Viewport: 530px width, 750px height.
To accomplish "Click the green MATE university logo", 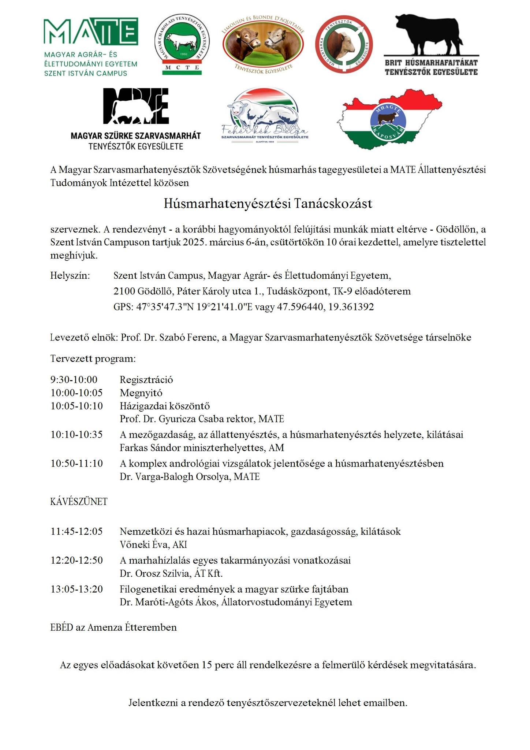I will point(90,47).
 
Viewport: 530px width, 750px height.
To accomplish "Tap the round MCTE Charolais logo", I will point(182,45).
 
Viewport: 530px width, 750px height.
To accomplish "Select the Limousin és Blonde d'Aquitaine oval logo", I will point(263,44).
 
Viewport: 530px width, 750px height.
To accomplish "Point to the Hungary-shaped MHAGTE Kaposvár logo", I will point(389,119).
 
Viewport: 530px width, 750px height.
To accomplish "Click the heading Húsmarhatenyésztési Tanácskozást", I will point(268,204).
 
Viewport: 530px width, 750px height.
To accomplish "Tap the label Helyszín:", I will point(70,275).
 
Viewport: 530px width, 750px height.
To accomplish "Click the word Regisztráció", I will point(146,380).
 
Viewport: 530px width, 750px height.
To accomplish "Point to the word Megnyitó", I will point(141,393).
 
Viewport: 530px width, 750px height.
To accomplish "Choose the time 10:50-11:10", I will point(76,464).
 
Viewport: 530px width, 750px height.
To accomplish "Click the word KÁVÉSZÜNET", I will point(79,502).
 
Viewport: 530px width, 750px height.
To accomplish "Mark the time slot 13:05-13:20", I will point(76,589).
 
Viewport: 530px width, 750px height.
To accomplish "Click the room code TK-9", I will point(343,292).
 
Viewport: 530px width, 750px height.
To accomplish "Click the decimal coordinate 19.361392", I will point(351,307).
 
